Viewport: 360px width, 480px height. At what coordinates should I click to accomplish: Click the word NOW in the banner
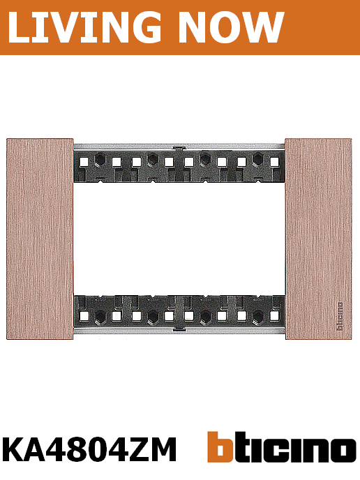(232, 27)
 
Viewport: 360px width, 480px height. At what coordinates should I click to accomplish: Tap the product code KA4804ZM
(89, 449)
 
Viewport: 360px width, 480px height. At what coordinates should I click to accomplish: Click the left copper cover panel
(40, 239)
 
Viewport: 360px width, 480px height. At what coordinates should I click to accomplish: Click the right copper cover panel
(318, 239)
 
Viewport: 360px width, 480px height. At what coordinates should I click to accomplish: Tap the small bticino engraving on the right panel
(340, 317)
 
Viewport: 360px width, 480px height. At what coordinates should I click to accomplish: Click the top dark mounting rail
(179, 167)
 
